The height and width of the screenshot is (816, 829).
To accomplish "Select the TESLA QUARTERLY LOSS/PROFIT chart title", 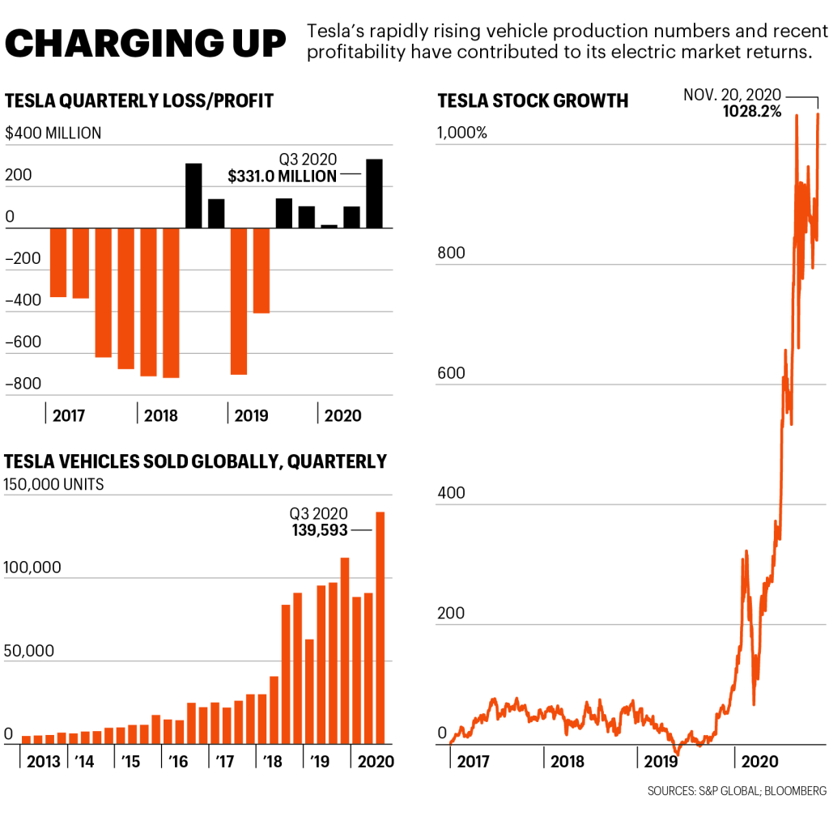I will pyautogui.click(x=139, y=101).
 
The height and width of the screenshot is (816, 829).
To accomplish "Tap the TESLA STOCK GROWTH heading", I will pyautogui.click(x=533, y=101).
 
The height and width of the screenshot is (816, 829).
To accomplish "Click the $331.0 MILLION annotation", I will pyautogui.click(x=282, y=176).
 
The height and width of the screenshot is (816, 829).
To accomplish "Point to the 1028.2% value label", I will pyautogui.click(x=752, y=112).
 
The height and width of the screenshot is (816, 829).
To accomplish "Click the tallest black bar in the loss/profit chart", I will pyautogui.click(x=374, y=193).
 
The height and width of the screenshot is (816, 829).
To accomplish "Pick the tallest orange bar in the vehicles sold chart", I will pyautogui.click(x=380, y=627).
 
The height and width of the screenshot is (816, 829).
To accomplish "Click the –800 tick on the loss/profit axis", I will pyautogui.click(x=22, y=384).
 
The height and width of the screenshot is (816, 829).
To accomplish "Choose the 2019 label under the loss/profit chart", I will pyautogui.click(x=251, y=416).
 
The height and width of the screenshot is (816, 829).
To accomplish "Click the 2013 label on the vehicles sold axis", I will pyautogui.click(x=45, y=762).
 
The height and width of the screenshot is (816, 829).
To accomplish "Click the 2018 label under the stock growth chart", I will pyautogui.click(x=568, y=762).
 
